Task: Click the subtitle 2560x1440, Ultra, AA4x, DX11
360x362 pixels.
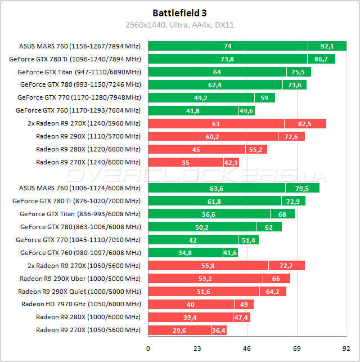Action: [x=180, y=25]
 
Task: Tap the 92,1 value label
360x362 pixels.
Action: [x=327, y=46]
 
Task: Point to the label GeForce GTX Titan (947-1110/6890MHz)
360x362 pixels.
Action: [x=79, y=71]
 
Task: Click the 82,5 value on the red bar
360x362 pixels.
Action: [x=304, y=123]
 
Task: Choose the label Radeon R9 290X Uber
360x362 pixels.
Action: [x=80, y=278]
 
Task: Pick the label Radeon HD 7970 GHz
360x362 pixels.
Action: [x=81, y=304]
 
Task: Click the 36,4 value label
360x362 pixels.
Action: [x=219, y=330]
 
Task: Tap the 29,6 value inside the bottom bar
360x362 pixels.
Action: [x=180, y=330]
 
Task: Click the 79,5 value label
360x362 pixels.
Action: [x=302, y=188]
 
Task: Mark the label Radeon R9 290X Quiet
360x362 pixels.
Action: [x=79, y=291]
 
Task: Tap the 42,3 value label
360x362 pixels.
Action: [x=231, y=162]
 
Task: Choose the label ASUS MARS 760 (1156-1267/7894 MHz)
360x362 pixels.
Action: [x=79, y=46]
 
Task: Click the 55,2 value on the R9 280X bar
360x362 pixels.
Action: [x=256, y=149]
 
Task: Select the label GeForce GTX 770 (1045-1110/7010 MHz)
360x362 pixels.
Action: [x=79, y=240]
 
